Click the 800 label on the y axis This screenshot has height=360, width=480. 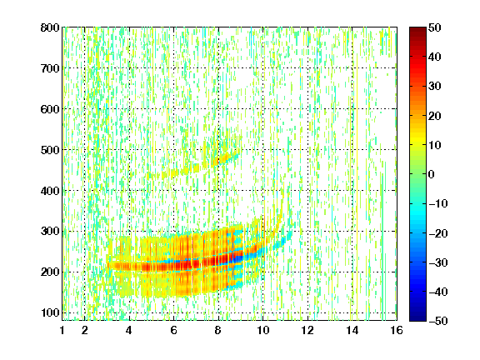point(50,27)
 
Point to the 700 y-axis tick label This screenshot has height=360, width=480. point(50,68)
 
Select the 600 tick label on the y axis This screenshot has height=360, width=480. point(50,109)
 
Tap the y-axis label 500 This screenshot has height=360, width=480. point(50,150)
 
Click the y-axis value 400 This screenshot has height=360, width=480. point(50,191)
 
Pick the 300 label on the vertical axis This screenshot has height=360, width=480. point(50,232)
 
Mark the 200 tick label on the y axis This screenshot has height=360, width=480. point(50,272)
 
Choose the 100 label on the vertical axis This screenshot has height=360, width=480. point(50,312)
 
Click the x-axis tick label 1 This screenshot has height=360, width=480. point(62,330)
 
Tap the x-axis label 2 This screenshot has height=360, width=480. point(85,330)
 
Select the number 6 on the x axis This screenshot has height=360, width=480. point(174,330)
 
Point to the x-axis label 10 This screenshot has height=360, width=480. point(263,330)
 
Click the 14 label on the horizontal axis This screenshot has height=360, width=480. point(352,330)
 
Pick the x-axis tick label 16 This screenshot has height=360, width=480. point(397,330)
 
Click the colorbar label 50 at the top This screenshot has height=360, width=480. point(434,27)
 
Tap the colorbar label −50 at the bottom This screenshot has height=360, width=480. point(438,321)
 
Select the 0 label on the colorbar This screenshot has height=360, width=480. point(432,174)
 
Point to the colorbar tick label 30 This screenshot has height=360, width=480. point(434,87)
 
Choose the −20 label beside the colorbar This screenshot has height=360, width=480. point(438,233)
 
